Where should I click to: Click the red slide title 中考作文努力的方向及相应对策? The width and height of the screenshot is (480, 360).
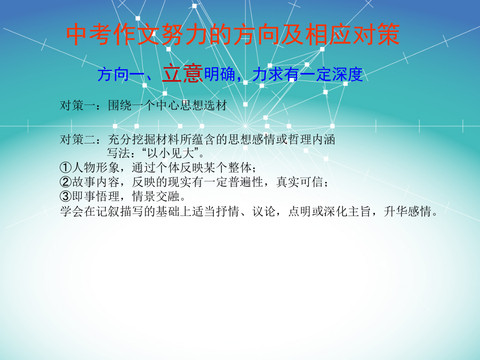[233, 34]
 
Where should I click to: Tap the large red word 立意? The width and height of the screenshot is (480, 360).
[182, 74]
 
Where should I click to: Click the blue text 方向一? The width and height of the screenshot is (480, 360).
[121, 74]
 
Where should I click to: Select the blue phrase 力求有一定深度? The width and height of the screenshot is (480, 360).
[308, 74]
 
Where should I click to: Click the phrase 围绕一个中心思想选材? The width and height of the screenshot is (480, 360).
[167, 105]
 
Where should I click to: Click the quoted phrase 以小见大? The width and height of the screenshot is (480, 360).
[171, 153]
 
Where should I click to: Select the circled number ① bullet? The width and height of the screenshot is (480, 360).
[66, 167]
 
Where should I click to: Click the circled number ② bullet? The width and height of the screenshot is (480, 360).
[66, 182]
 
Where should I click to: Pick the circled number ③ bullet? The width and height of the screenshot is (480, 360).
[66, 196]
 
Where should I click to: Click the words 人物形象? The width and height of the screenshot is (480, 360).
[95, 167]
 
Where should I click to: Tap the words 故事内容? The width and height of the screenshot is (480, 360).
[95, 182]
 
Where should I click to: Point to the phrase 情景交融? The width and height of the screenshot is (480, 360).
[156, 196]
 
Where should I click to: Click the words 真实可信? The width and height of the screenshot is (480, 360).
[300, 182]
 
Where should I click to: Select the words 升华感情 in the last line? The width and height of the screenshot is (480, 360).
[407, 211]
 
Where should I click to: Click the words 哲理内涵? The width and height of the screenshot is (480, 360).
[311, 139]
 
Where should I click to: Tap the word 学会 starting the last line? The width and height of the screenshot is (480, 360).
[72, 211]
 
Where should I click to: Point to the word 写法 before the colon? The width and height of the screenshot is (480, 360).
[118, 153]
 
